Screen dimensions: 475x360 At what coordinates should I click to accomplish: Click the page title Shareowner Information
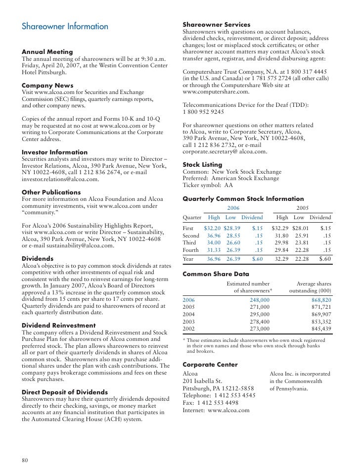point(65,27)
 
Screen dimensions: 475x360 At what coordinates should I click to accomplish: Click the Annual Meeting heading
point(47,52)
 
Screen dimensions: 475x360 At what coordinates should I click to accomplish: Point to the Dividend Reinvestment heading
point(59,325)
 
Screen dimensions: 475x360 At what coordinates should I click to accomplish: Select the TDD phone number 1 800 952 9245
point(204,112)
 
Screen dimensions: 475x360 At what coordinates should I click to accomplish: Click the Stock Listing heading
point(202,164)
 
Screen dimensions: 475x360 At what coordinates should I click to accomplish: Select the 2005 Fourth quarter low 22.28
point(301,249)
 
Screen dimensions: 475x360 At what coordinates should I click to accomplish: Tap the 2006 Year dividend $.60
point(257,259)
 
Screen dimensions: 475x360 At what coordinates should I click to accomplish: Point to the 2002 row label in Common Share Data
point(188,328)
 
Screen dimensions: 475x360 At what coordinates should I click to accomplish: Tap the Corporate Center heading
point(210,365)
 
